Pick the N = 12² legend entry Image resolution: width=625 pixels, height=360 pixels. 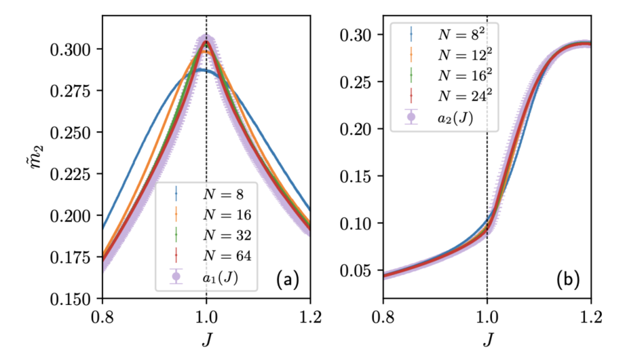(454, 54)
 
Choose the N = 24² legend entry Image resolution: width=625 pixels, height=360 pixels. (454, 96)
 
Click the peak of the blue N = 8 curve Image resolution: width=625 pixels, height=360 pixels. (199, 70)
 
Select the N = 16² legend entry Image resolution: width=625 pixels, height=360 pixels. (454, 74)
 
